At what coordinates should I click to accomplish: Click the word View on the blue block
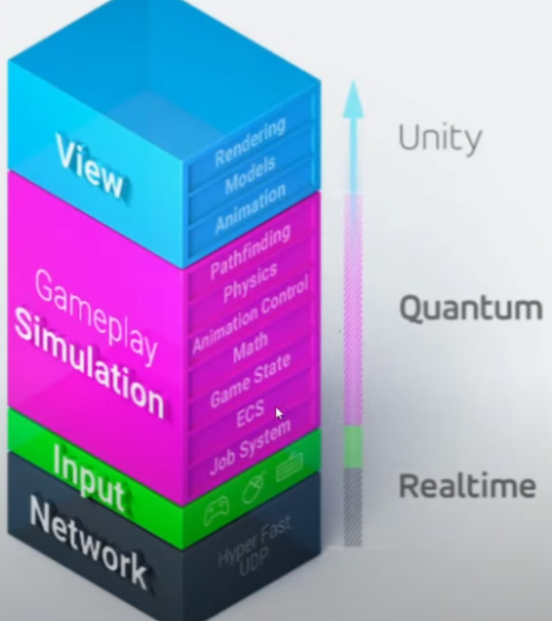coord(90,166)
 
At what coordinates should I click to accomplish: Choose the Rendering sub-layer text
coord(249,144)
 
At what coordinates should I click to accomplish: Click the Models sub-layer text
coord(249,175)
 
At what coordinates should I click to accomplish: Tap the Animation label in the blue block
coord(250,209)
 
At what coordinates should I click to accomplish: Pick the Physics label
coord(250,283)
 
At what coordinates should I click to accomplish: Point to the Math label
coord(250,348)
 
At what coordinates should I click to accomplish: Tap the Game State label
coord(250,380)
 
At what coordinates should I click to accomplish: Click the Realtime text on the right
coord(467,485)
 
